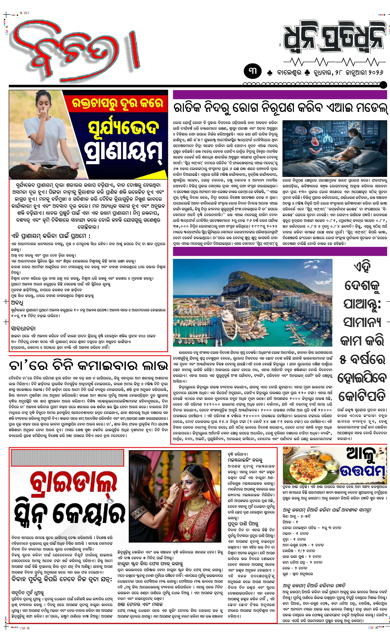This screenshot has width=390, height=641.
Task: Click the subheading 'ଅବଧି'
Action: coord(17,303)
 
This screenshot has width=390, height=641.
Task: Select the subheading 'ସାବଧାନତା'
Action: coord(23,328)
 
